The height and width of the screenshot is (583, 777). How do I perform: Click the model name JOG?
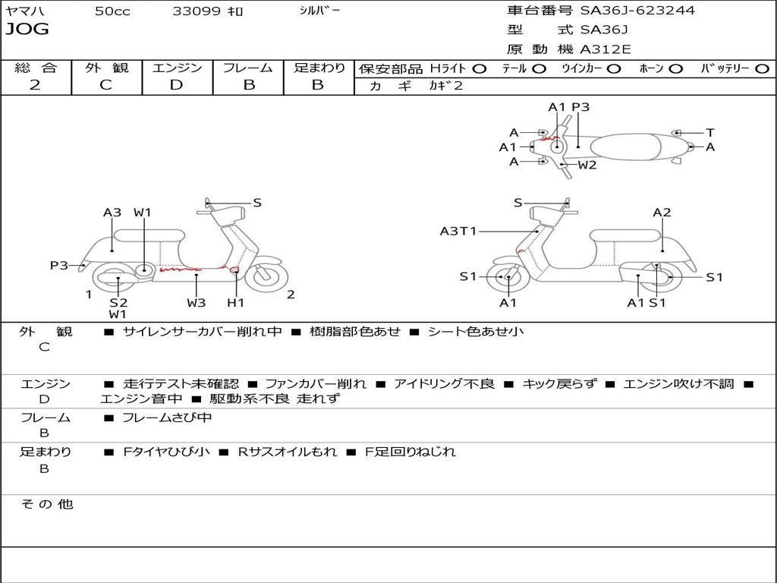point(27,30)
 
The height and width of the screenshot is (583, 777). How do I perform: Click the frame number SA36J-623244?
point(637,11)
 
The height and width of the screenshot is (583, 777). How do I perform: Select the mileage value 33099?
point(197,11)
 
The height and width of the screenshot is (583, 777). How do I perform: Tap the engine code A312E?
point(605,50)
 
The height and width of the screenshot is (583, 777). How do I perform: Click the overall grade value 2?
point(35,85)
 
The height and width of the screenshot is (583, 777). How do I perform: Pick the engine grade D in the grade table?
point(176,85)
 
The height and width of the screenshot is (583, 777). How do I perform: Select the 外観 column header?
point(106,68)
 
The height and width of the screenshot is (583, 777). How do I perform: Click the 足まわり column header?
point(319,68)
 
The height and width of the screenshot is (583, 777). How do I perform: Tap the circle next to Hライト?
point(479,68)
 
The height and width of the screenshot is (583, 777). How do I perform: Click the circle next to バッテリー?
point(762,68)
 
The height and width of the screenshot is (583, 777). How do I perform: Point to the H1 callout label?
point(236,302)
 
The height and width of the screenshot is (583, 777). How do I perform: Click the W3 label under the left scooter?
point(196,302)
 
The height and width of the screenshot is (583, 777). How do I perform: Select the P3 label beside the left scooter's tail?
point(59,265)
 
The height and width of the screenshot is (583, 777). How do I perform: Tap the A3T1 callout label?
point(458,231)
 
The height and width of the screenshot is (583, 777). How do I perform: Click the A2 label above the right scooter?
point(662,213)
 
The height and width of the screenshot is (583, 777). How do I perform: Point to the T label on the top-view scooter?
point(709,133)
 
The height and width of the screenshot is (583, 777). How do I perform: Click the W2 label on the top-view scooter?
point(587,165)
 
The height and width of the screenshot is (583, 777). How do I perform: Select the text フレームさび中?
point(167,418)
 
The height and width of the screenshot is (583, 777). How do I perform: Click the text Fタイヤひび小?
point(167,452)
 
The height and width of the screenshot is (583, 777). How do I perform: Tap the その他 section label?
point(46,504)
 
